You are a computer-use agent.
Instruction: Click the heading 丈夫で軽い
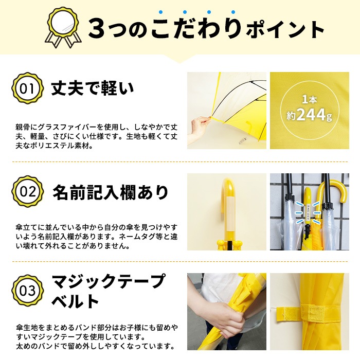(93, 89)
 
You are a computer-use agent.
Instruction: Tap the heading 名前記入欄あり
(111, 192)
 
